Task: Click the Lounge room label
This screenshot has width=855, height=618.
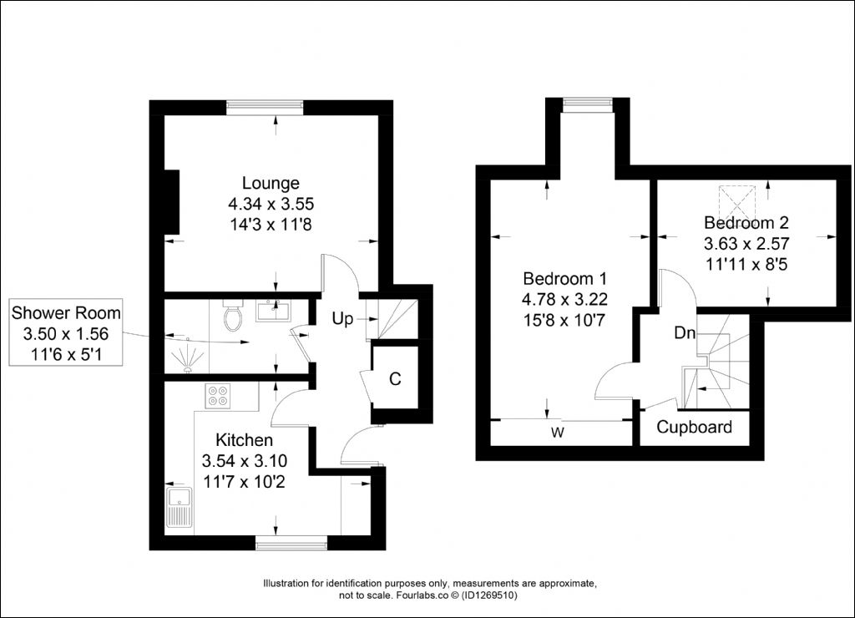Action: pos(271,183)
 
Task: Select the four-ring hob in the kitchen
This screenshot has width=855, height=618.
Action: pos(218,396)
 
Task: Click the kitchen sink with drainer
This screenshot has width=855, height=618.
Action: pos(180,508)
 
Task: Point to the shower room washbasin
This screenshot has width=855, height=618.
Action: pos(273,311)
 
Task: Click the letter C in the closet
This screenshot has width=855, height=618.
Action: pos(395,378)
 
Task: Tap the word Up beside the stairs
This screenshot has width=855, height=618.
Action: pos(342,318)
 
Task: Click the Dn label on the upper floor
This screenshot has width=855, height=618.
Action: pos(685,332)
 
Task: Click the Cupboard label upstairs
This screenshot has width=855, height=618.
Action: pos(694,427)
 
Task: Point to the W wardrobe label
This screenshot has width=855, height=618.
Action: pos(557,433)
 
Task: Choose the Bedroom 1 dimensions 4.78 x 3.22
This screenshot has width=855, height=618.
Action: pos(565,300)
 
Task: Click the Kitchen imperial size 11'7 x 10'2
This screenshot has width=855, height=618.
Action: pos(244,482)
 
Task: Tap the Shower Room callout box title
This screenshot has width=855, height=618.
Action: pos(66,312)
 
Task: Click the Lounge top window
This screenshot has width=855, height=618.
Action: pos(265,108)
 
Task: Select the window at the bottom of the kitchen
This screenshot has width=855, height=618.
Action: pos(291,543)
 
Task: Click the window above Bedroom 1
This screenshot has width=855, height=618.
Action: pos(588,104)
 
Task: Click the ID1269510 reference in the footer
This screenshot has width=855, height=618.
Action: pos(489,595)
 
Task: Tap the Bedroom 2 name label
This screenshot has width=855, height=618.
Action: pos(746,222)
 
